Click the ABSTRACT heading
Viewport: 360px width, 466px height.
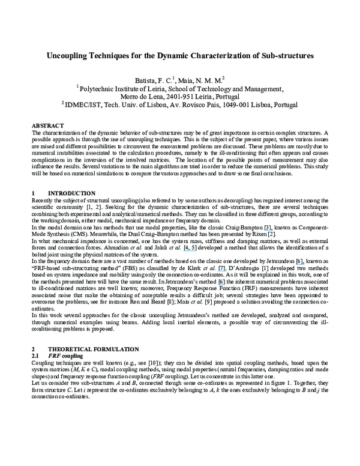[x=47, y=124]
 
